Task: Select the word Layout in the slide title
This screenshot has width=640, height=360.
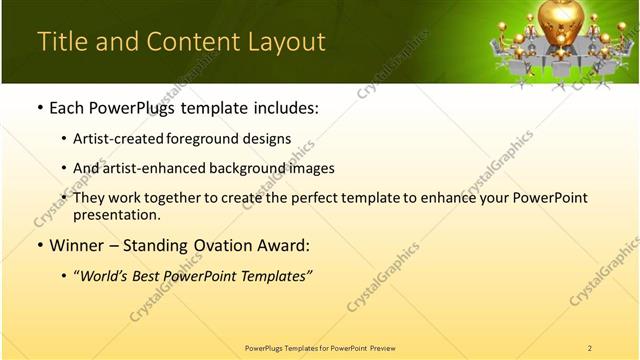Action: point(288,42)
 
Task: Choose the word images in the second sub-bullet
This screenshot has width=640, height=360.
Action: point(313,168)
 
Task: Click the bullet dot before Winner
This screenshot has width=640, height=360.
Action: point(39,246)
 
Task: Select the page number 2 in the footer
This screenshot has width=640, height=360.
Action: point(589,348)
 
